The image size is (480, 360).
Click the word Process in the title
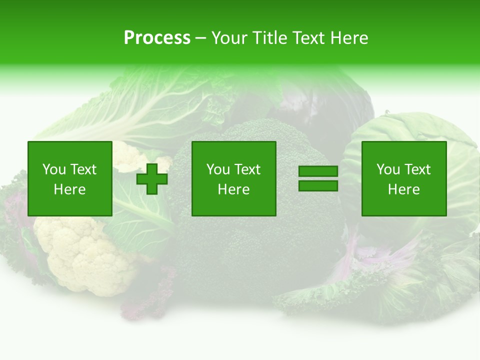click(x=157, y=38)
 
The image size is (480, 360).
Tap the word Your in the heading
click(x=230, y=38)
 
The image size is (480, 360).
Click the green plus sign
click(x=152, y=178)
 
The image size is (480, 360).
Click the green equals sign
click(x=318, y=178)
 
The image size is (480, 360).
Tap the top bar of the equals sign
click(x=318, y=171)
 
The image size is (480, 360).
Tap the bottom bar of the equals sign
click(x=318, y=185)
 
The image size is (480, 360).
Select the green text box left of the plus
click(x=70, y=178)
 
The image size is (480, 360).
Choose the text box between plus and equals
click(x=234, y=178)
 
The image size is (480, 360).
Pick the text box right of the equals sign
click(x=404, y=178)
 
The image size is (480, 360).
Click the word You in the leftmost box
click(x=54, y=169)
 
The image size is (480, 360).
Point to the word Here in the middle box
click(x=234, y=189)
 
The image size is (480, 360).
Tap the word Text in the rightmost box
click(x=417, y=169)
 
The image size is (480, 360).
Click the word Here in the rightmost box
click(x=404, y=189)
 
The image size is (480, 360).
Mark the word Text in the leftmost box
click(x=83, y=169)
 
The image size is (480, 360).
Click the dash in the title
click(x=200, y=38)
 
